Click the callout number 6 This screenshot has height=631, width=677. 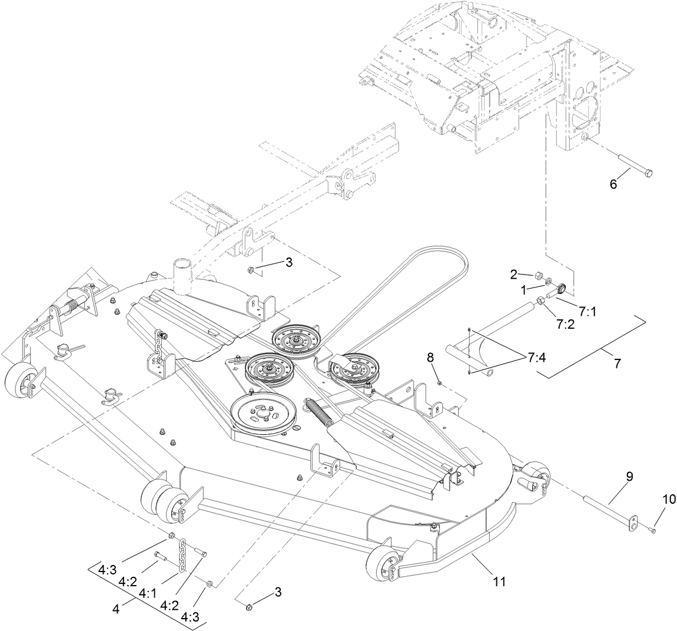(613, 184)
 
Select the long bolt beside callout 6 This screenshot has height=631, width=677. (633, 164)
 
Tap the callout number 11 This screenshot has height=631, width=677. (499, 581)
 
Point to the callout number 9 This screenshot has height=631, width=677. (629, 477)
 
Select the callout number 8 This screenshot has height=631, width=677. (430, 357)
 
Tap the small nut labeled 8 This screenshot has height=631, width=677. (440, 383)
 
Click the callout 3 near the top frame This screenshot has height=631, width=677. (288, 263)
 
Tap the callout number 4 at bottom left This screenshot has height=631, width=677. (115, 610)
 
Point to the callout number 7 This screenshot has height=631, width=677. (617, 363)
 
